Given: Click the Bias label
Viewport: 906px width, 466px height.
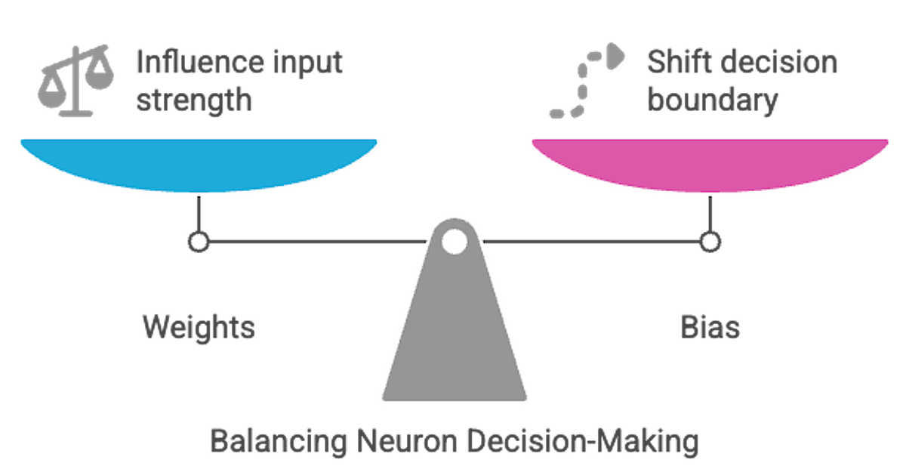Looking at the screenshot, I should [x=709, y=327].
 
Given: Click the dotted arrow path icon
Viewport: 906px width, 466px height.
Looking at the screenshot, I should [x=585, y=83].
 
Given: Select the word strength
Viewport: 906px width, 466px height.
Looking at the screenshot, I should [x=193, y=100].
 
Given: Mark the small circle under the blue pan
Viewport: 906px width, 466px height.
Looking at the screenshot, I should [x=198, y=242].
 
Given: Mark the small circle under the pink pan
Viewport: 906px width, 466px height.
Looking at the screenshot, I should [x=709, y=242].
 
